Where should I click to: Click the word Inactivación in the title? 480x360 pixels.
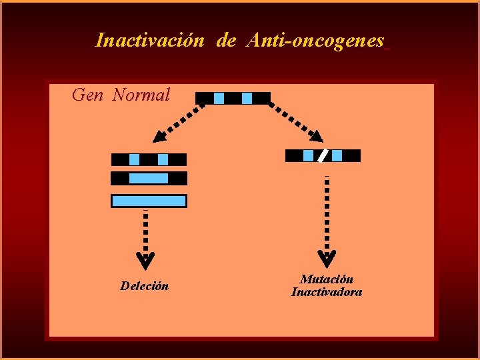(150, 41)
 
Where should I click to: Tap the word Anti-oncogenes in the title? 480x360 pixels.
(315, 41)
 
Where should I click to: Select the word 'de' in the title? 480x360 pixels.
(226, 41)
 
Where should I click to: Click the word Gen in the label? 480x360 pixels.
(87, 95)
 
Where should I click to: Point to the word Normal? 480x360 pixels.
(141, 95)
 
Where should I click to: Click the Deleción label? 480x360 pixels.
(145, 287)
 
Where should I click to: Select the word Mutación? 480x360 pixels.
(327, 279)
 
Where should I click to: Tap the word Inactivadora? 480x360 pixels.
(327, 292)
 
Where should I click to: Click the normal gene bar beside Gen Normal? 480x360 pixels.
(233, 99)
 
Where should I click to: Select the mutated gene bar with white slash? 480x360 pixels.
(323, 156)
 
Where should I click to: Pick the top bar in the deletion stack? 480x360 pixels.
(149, 160)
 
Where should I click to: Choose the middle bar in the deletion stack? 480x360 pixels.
(149, 179)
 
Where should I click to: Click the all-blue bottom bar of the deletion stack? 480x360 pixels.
(149, 201)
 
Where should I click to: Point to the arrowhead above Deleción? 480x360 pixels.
(145, 257)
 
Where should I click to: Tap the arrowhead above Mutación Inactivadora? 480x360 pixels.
(327, 257)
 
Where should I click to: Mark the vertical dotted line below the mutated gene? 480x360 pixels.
(327, 213)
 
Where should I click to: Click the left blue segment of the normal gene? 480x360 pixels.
(219, 99)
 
